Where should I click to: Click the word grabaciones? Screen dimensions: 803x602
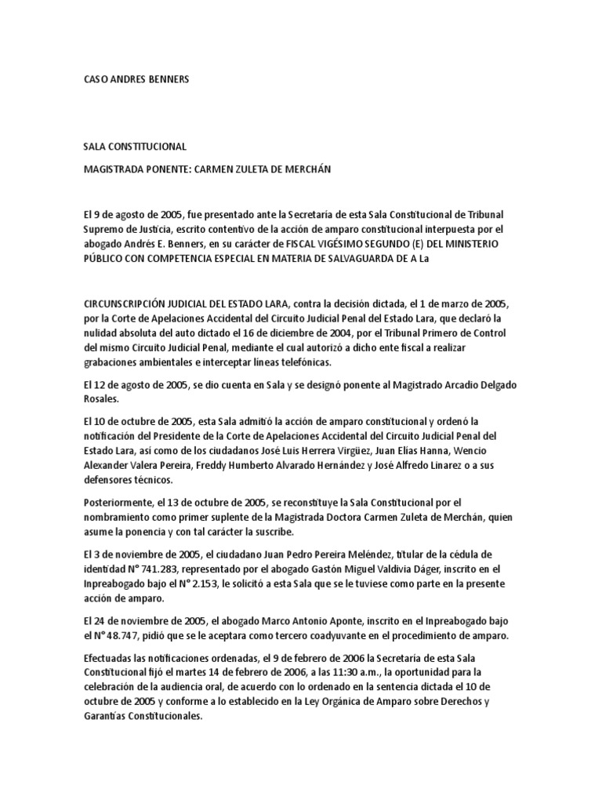[114, 362]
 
